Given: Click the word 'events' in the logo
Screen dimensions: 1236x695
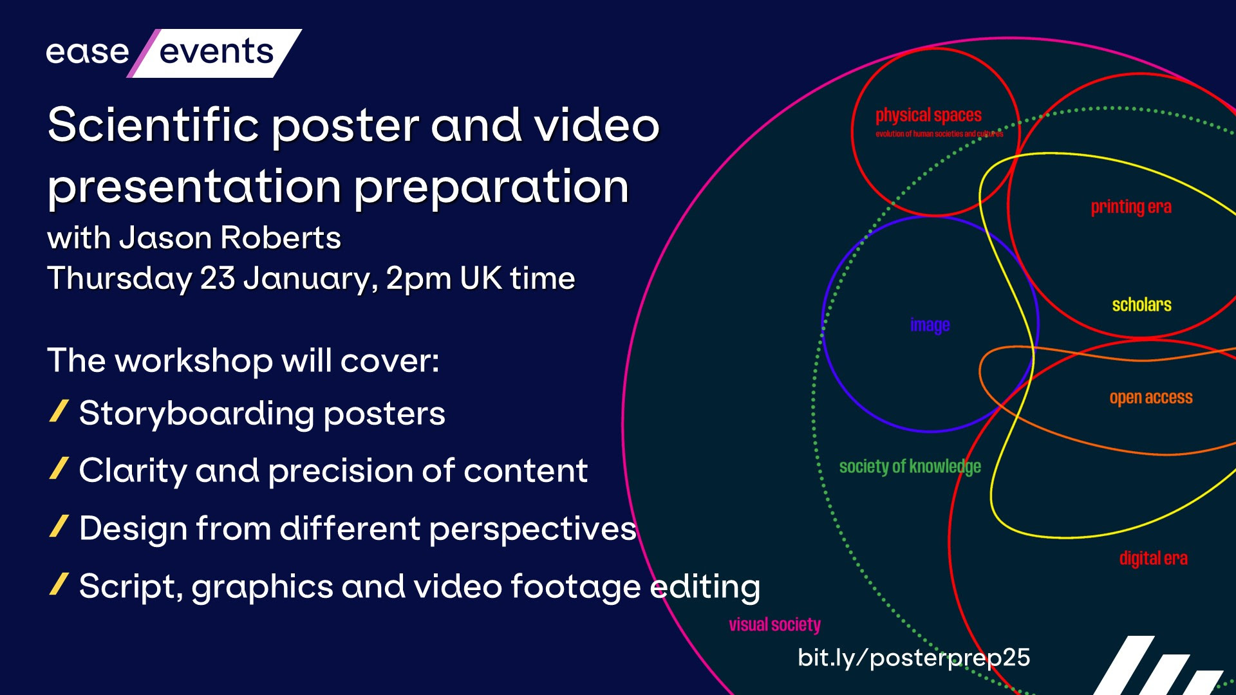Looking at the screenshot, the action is point(216,51).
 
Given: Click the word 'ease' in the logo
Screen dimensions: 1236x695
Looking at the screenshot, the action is point(88,52).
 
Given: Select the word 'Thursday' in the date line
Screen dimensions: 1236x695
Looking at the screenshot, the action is point(119,279).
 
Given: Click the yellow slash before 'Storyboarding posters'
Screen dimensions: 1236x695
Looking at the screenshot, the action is point(59,411).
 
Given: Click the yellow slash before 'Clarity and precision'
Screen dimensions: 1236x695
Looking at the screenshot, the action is point(59,468).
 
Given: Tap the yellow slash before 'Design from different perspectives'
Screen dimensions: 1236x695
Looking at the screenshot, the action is point(59,526).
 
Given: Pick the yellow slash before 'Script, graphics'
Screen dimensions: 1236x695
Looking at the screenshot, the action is point(59,584).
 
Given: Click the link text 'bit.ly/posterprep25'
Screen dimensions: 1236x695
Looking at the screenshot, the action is point(914,658).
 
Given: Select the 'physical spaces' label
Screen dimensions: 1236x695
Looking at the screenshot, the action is point(928,115).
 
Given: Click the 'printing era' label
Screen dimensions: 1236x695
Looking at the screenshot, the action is point(1131,207).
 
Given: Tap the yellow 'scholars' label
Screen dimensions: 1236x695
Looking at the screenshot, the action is point(1141,304).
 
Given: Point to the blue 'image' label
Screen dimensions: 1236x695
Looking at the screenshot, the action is point(930,326).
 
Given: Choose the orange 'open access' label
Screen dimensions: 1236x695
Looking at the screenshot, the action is point(1151,398).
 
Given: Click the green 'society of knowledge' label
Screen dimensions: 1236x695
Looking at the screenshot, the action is point(910,467).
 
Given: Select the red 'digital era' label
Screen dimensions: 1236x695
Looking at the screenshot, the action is point(1154,558).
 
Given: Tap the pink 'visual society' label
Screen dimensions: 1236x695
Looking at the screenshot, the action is point(775,625).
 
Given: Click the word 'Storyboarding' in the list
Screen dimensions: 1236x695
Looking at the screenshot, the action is point(196,414).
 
